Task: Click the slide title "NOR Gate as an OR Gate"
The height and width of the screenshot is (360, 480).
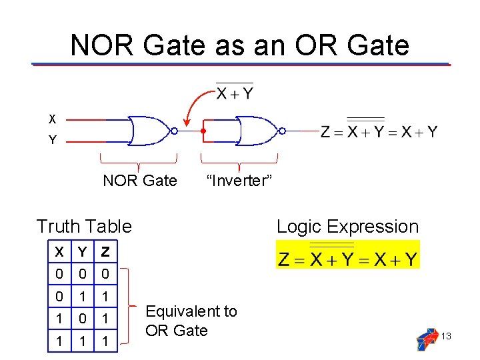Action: pyautogui.click(x=239, y=45)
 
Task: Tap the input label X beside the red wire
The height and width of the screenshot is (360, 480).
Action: pyautogui.click(x=52, y=119)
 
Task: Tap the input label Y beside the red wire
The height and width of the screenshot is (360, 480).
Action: pyautogui.click(x=52, y=141)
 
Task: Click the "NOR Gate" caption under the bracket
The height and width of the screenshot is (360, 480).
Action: pyautogui.click(x=140, y=181)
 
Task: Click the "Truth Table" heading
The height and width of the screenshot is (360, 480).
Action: pyautogui.click(x=84, y=227)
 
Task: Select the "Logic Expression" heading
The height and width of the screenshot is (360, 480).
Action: pyautogui.click(x=347, y=227)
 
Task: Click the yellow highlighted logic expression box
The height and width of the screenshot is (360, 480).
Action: pyautogui.click(x=348, y=255)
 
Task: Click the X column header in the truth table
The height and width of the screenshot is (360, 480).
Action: pyautogui.click(x=59, y=252)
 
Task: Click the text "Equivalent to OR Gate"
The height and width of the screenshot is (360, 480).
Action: pyautogui.click(x=191, y=321)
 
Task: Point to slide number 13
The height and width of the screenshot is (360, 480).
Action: pyautogui.click(x=446, y=336)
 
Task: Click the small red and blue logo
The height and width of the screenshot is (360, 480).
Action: pyautogui.click(x=427, y=339)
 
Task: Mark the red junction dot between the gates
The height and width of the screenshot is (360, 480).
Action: pyautogui.click(x=203, y=131)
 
